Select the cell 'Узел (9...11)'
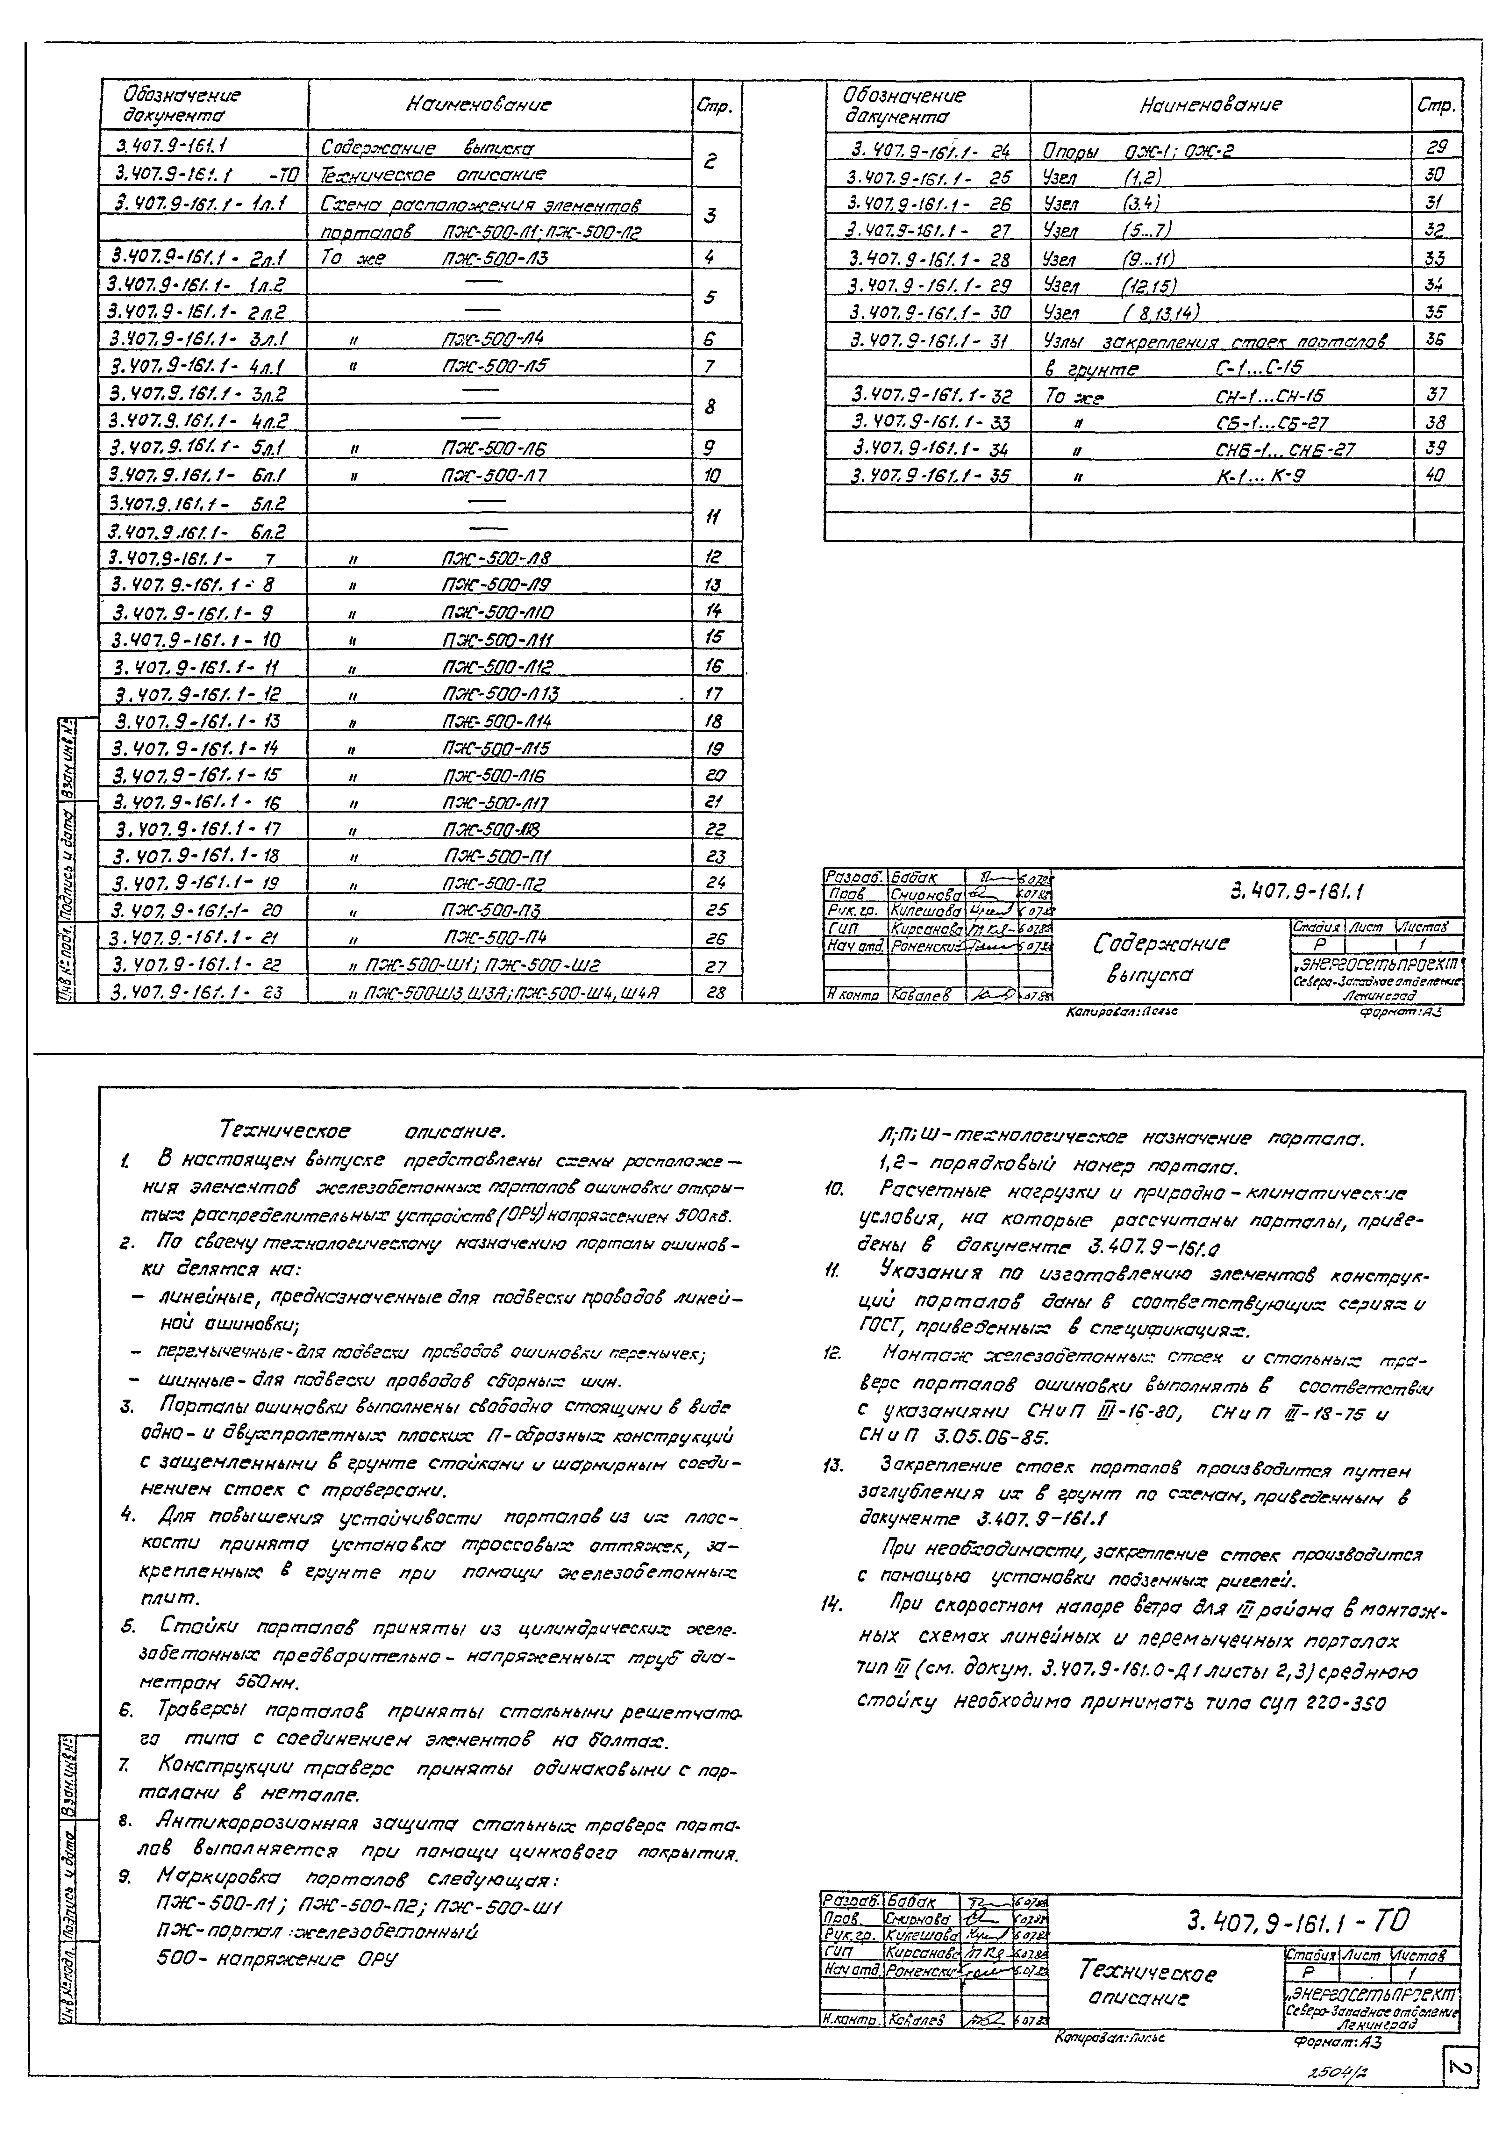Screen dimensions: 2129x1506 click(1108, 259)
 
